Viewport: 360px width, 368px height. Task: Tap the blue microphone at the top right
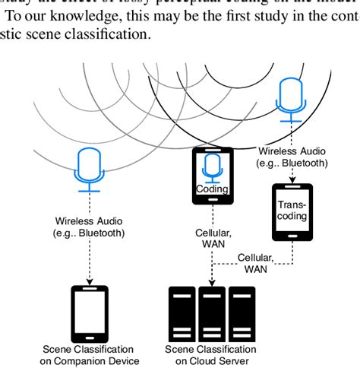[x=292, y=97]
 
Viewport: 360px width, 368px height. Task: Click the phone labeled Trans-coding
[x=292, y=217]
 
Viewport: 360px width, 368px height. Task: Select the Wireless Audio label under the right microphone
[x=292, y=157]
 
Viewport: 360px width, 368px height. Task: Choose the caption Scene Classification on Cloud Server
[x=211, y=354]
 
